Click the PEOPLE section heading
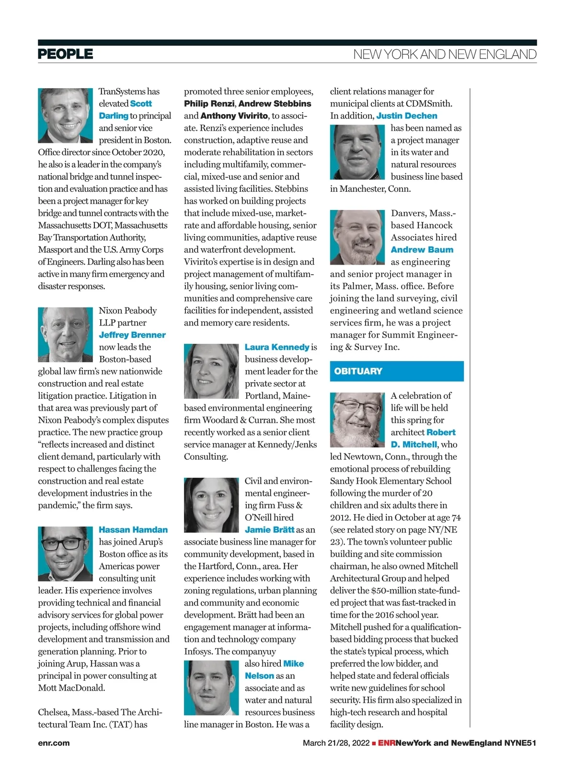(65, 54)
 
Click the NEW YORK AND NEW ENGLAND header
(445, 54)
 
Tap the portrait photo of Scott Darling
(65, 116)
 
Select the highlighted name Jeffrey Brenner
(132, 335)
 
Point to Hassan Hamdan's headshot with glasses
(65, 554)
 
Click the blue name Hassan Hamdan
(133, 530)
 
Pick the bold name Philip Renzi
(209, 104)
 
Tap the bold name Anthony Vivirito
(234, 116)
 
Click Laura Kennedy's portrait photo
(211, 371)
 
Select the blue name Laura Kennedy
(277, 347)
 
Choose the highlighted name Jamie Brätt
(270, 530)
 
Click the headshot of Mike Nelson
(211, 687)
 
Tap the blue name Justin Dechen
(407, 116)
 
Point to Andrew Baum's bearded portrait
(357, 237)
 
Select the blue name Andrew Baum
(422, 250)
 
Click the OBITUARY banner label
(358, 371)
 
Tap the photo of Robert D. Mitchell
(357, 420)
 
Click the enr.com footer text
(54, 743)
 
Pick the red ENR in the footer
(387, 743)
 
